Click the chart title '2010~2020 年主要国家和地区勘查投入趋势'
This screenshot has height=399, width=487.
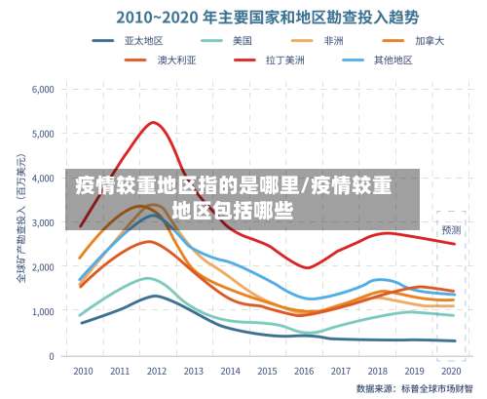254,17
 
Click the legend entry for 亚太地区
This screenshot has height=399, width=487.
149,41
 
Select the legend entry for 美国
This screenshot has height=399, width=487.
242,41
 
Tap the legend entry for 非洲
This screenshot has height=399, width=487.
333,41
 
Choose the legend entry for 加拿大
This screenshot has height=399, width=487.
429,41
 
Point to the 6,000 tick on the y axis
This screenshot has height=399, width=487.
42,89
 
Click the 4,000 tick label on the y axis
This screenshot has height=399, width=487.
42,178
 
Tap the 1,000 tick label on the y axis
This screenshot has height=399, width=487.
42,311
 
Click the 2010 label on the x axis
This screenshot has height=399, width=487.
83,371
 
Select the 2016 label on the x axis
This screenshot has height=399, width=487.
303,371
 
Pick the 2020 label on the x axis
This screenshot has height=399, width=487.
451,371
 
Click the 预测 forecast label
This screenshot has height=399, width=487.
451,230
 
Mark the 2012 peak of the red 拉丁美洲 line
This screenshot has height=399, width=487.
154,122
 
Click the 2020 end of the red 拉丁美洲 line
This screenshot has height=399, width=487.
454,244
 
